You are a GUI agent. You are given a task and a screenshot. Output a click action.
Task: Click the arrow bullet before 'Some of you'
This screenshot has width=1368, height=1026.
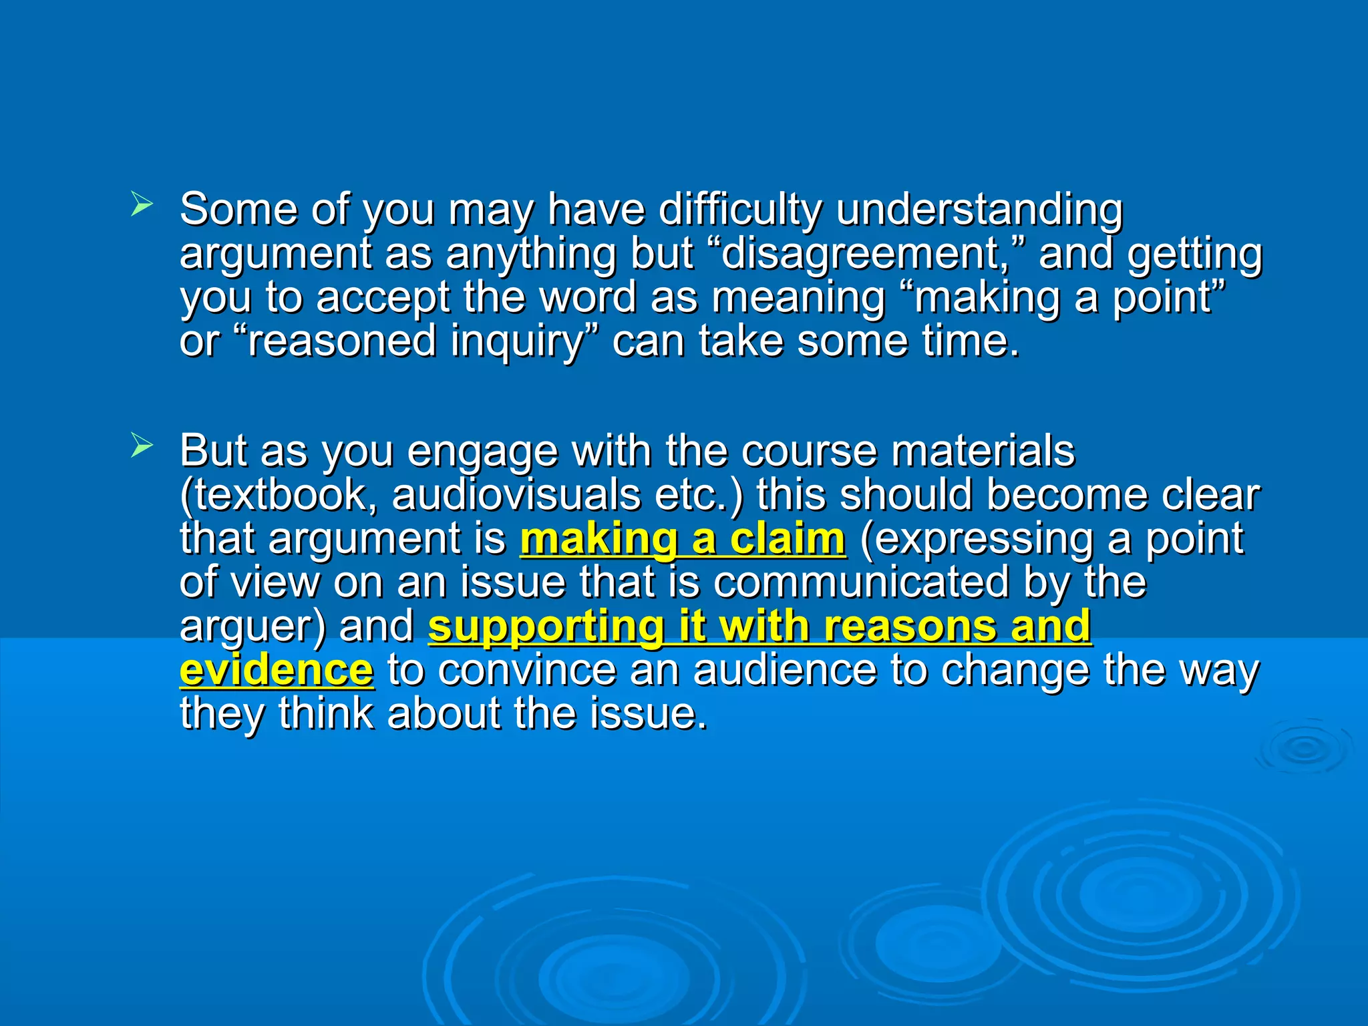point(142,204)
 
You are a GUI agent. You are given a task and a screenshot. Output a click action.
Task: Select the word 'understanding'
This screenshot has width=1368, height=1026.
point(979,210)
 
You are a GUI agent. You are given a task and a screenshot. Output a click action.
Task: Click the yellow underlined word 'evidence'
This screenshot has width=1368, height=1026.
point(276,670)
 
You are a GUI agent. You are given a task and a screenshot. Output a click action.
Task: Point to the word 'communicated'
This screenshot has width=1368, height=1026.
point(861,582)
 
